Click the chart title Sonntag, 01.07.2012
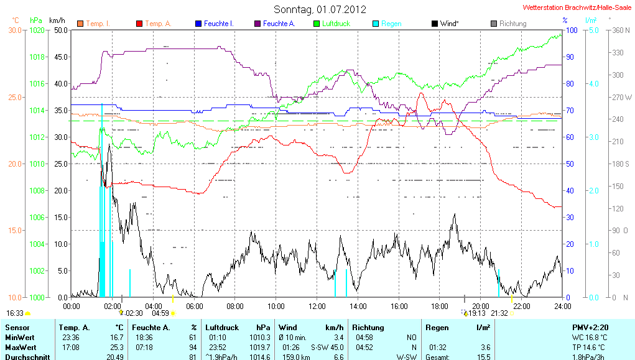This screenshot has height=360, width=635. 320,9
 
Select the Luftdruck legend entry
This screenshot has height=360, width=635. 336,24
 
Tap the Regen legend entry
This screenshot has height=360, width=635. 391,24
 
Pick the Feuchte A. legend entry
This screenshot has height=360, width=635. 279,24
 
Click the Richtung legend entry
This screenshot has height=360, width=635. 512,24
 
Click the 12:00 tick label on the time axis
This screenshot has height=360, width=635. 317,306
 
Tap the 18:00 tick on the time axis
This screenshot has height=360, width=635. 440,306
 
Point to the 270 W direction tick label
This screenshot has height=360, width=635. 622,97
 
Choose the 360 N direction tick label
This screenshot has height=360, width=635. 622,30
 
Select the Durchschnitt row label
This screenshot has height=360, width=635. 27,357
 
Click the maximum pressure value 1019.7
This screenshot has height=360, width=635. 261,347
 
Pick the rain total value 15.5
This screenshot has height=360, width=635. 483,357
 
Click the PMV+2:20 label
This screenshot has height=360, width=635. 591,327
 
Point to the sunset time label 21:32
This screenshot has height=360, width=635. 499,313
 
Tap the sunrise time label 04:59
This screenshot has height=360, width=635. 160,313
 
